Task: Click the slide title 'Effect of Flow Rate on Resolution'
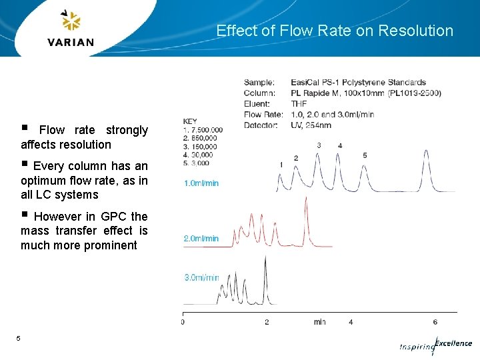click(335, 31)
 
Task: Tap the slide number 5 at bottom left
click(19, 339)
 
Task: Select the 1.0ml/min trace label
click(201, 183)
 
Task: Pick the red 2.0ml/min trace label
click(201, 238)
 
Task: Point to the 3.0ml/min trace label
click(201, 277)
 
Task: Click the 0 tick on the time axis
click(183, 323)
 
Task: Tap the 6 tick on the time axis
click(435, 323)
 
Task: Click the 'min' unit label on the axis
click(320, 323)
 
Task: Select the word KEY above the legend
click(190, 121)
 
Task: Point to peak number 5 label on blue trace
click(365, 155)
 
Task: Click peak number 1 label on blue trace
click(281, 164)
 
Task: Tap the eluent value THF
click(298, 104)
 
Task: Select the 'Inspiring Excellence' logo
click(436, 345)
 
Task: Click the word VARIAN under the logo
click(71, 42)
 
